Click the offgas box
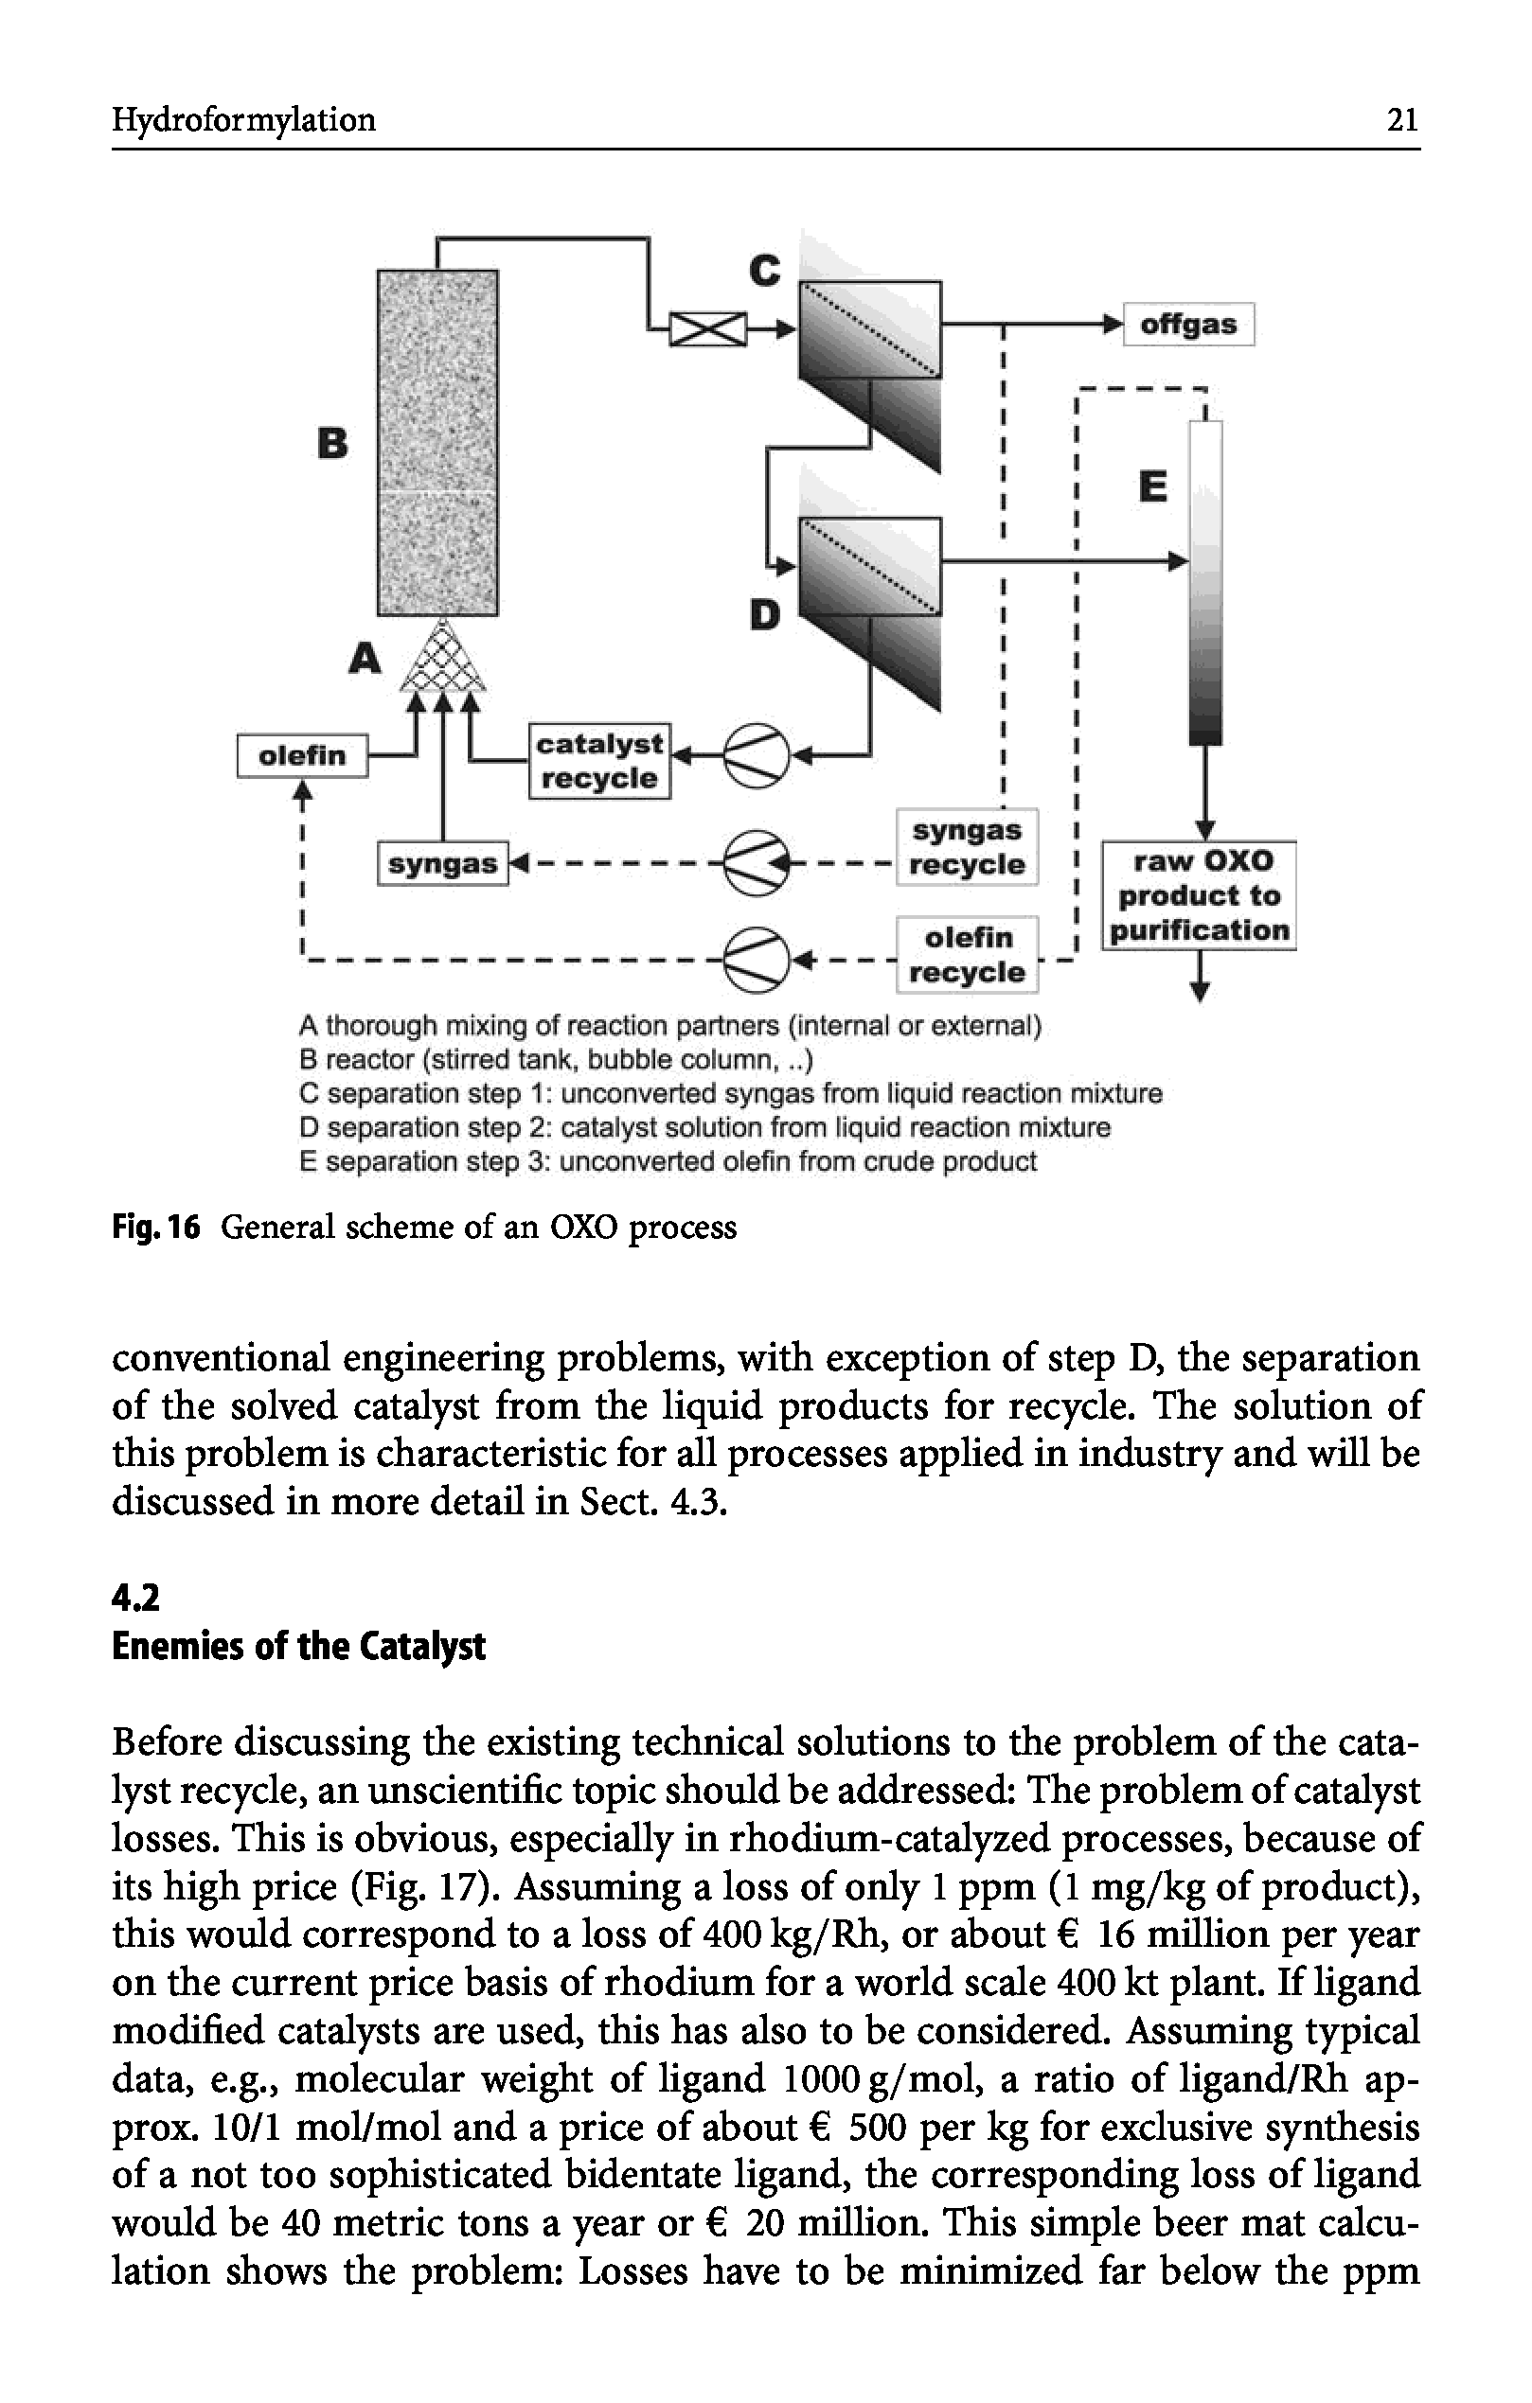coord(1187,325)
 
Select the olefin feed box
coord(302,755)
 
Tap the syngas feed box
coord(442,863)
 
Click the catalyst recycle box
coord(598,762)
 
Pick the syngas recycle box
coord(966,847)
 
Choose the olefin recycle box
coord(967,954)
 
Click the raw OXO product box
coord(1199,895)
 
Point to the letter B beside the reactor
coord(333,442)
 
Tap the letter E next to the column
coord(1152,487)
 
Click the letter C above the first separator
coord(764,270)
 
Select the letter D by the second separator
coord(764,615)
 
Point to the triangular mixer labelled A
coord(442,659)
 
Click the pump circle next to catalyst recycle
coord(756,755)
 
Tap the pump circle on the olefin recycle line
coord(756,960)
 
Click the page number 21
coord(1402,120)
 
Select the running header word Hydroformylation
coord(243,120)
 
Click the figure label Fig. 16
coord(155,1227)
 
